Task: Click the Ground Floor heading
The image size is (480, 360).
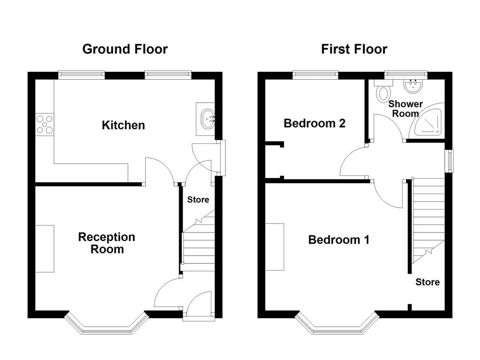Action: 125,49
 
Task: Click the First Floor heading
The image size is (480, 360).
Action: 354,49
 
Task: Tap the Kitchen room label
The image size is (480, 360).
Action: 123,125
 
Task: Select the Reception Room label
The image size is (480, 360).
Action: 107,243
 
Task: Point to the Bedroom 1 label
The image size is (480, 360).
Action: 338,240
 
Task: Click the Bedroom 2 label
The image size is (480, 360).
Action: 315,123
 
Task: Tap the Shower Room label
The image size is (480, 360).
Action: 405,108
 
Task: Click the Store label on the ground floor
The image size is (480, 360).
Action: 198,200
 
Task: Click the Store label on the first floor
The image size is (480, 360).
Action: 427,282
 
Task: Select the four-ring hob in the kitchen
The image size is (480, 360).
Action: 45,125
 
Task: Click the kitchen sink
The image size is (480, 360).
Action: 208,119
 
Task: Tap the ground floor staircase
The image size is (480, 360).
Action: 198,244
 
